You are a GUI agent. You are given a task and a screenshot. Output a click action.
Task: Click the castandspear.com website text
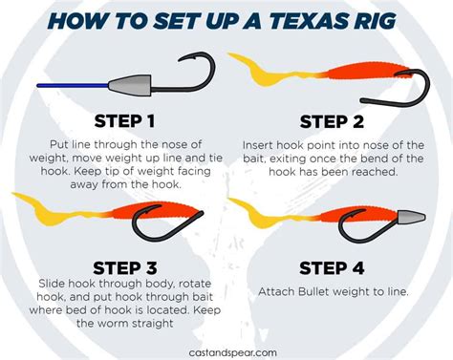tap(226, 351)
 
